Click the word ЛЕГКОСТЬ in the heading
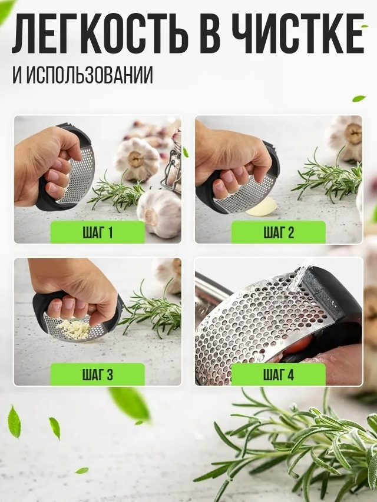100,34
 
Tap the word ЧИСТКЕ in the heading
298,34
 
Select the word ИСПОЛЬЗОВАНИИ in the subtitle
90,75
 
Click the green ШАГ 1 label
98,232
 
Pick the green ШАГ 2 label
279,232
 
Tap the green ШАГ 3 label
98,374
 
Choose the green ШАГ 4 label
279,374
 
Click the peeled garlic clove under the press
262,207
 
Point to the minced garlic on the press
75,330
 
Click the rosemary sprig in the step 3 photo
151,309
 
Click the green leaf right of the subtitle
359,98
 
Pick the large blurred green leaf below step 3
130,404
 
